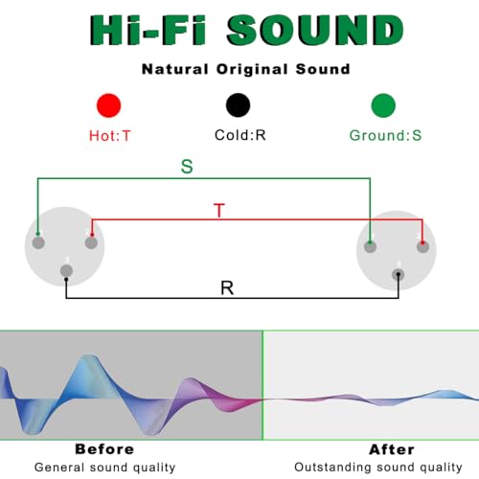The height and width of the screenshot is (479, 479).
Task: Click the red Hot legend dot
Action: coord(109,105)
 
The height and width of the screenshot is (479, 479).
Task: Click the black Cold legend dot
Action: coord(238,105)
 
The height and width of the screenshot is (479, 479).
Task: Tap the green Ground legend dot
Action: coord(383,105)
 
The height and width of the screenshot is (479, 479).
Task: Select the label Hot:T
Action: coord(109,136)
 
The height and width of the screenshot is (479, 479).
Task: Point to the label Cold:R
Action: coord(240,135)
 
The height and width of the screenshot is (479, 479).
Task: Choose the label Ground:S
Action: coord(385,135)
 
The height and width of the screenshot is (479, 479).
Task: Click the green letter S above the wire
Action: coord(187,167)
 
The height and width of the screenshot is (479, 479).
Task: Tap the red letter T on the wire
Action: coord(219,210)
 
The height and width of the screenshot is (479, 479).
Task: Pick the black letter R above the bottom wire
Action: coord(227,288)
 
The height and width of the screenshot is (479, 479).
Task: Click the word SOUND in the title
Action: coord(315,30)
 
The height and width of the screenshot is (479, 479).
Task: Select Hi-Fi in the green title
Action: coord(148,30)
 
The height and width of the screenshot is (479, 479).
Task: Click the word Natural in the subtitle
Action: coord(175,69)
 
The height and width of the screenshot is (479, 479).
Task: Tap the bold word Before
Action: coord(104,449)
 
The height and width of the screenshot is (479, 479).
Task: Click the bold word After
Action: coord(392,449)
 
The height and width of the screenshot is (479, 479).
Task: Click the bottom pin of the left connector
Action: coord(66,271)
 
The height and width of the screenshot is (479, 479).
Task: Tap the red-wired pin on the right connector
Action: coord(422,246)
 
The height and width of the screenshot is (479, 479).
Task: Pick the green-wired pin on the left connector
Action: coord(38,242)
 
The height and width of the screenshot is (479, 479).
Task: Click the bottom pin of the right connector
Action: coord(398,275)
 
